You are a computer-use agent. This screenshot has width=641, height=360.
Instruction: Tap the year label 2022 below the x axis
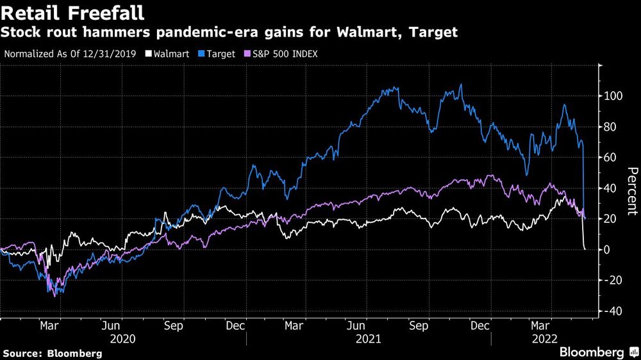coord(542,338)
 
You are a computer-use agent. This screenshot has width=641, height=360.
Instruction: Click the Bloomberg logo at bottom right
coord(594,352)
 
